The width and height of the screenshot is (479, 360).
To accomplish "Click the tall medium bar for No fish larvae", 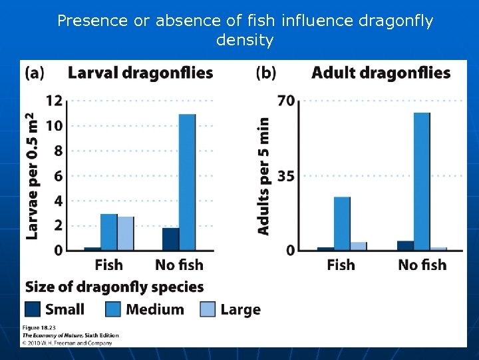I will (187, 182).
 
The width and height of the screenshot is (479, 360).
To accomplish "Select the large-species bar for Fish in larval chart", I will (125, 233).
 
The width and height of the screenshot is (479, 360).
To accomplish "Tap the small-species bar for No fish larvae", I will (170, 239).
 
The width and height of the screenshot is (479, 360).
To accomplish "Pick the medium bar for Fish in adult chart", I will (342, 223).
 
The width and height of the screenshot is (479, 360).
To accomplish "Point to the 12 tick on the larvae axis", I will (54, 101).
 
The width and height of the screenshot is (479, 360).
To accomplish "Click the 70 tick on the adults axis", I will (286, 101).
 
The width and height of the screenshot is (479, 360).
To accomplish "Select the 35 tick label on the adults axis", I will (286, 177).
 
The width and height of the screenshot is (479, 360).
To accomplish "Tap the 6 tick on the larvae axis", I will (58, 176).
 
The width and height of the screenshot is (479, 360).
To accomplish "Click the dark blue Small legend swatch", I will (33, 309).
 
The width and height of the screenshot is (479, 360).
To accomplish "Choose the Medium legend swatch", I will (114, 309).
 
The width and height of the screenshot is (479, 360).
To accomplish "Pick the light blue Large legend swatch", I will (208, 309).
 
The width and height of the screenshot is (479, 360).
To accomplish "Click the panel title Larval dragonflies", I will (140, 73).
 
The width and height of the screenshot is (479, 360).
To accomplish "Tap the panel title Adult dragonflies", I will (381, 73).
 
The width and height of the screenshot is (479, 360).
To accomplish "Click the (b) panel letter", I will (266, 73).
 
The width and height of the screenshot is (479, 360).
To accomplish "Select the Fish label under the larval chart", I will (108, 265).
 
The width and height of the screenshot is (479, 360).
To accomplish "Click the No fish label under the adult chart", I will (422, 265).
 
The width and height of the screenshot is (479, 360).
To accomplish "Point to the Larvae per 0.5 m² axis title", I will (31, 176).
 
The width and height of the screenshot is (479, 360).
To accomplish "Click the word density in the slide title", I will (245, 40).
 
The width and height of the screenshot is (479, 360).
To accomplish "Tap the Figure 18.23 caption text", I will (41, 327).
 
